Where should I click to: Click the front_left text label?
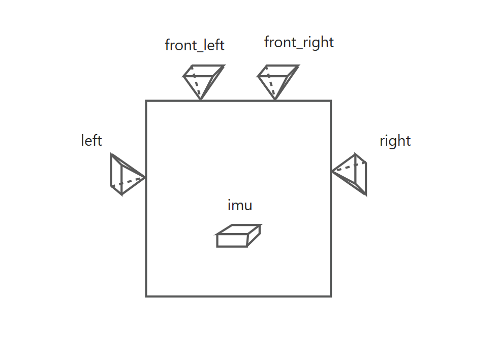195,45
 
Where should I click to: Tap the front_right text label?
299,43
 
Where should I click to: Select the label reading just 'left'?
91,140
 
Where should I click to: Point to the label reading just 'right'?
395,141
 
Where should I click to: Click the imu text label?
240,206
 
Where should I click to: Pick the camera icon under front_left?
203,80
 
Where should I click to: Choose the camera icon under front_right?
277,80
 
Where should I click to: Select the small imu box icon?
238,236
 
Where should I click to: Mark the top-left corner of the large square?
146,101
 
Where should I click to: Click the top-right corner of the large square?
331,101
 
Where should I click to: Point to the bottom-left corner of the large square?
146,296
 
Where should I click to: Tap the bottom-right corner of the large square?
331,296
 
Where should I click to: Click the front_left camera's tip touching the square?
201,100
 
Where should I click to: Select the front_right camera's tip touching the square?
275,100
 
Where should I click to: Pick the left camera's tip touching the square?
145,177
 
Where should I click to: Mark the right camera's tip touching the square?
332,172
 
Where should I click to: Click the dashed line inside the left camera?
128,182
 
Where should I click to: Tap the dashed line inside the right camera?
350,167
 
